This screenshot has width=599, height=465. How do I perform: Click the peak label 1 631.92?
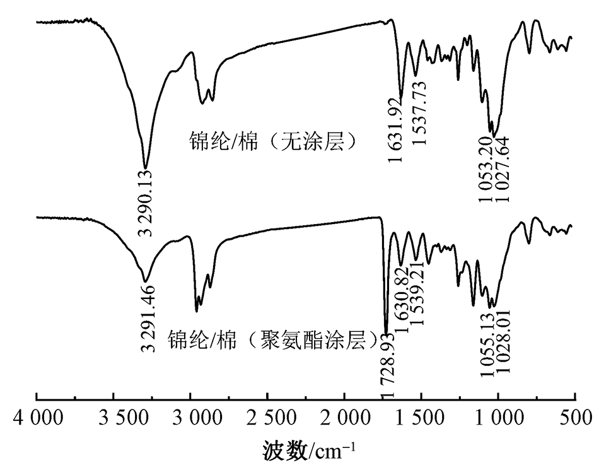[395, 132]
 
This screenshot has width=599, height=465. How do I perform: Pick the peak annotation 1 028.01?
[503, 343]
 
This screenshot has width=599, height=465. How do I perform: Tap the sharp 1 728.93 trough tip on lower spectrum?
[386, 333]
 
